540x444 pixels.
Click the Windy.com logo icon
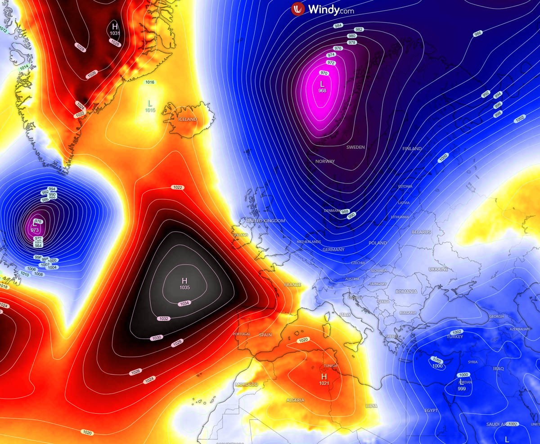(x=298, y=9)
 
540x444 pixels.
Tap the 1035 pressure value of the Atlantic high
(x=184, y=287)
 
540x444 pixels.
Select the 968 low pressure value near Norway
(x=322, y=91)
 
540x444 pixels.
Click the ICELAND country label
(x=188, y=119)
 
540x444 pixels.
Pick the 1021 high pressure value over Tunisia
(x=324, y=383)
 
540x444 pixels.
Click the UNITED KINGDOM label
(x=265, y=221)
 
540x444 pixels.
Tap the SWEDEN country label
(x=355, y=148)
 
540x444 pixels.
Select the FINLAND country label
(x=412, y=148)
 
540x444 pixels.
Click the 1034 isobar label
(x=184, y=304)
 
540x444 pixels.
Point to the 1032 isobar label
(x=163, y=318)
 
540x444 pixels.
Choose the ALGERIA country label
(x=295, y=400)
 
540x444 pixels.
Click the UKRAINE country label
(x=438, y=269)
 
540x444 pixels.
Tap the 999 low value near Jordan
(x=461, y=388)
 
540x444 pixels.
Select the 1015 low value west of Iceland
(x=150, y=110)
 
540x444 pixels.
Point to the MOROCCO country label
(x=246, y=385)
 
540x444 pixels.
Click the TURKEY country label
(x=454, y=337)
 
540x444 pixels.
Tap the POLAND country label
(x=378, y=243)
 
